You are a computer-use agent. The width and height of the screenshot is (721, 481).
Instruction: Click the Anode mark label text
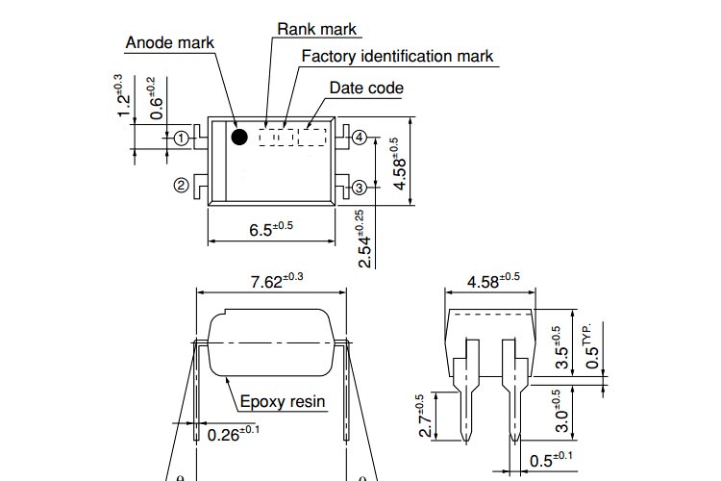[x=170, y=43]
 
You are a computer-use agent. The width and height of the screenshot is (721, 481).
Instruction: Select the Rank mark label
[x=316, y=29]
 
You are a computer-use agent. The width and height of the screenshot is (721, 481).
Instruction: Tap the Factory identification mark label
[x=397, y=56]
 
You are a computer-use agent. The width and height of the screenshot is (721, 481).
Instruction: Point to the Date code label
[x=366, y=88]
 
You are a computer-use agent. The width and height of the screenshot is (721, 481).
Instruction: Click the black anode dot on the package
[x=239, y=138]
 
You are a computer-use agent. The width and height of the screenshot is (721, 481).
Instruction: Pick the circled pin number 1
[x=181, y=138]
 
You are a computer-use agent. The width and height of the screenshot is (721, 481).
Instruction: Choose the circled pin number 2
[x=181, y=185]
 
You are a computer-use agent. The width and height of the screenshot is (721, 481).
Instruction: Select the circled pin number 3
[x=359, y=187]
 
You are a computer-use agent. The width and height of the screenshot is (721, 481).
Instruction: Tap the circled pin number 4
[x=359, y=138]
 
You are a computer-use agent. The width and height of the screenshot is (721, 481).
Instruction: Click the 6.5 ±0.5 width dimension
[x=270, y=229]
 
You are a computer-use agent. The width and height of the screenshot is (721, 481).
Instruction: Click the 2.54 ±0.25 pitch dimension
[x=363, y=238]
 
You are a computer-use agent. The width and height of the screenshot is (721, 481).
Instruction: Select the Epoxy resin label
[x=283, y=402]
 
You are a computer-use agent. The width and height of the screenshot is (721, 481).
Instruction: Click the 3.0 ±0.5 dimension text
[x=562, y=412]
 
